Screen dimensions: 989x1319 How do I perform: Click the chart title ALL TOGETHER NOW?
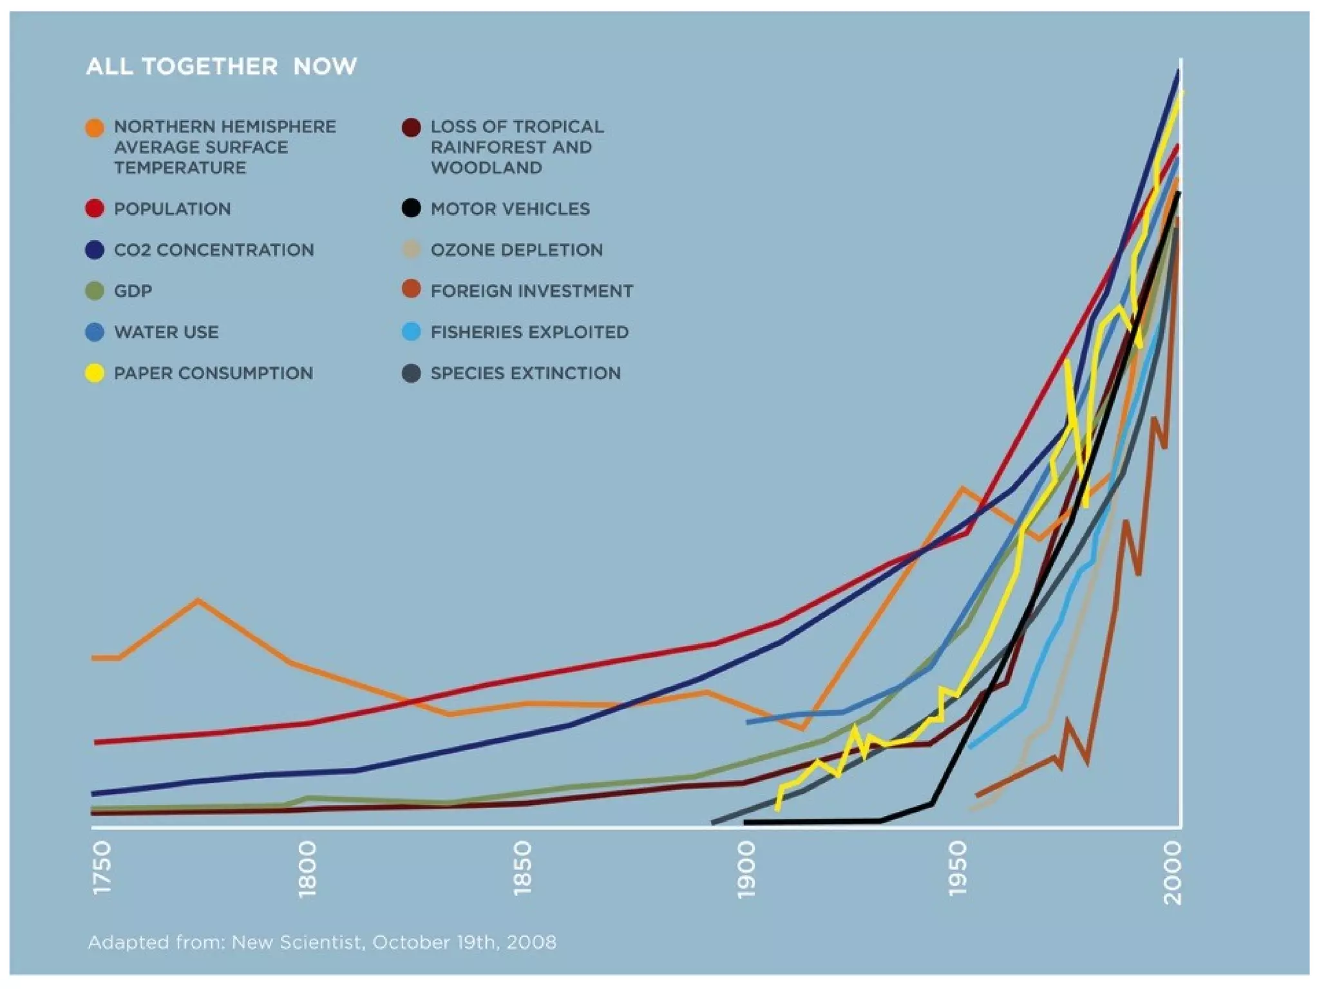[x=221, y=66]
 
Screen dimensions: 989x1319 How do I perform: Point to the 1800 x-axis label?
[x=308, y=869]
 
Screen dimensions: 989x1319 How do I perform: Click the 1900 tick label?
[x=745, y=869]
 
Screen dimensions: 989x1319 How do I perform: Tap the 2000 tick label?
[x=1173, y=873]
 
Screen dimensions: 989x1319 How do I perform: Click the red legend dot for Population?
[x=95, y=209]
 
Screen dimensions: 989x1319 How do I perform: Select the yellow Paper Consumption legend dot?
[x=95, y=373]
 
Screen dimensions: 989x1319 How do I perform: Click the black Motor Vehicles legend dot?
[x=411, y=209]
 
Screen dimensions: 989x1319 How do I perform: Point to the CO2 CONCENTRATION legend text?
[x=214, y=250]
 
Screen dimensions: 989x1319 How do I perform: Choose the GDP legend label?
[x=133, y=291]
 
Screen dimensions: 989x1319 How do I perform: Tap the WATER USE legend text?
[x=166, y=332]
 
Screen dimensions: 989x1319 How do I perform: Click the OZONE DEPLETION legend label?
[x=517, y=250]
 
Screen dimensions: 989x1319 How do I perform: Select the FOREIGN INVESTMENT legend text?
[x=532, y=291]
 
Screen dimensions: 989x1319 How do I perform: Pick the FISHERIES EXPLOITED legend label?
[x=529, y=332]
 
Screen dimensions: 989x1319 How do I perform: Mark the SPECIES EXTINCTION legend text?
[x=526, y=373]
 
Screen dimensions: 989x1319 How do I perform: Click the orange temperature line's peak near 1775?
[x=199, y=601]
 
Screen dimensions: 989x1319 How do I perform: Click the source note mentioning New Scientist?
[x=322, y=943]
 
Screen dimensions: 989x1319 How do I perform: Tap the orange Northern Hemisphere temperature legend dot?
[x=95, y=127]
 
